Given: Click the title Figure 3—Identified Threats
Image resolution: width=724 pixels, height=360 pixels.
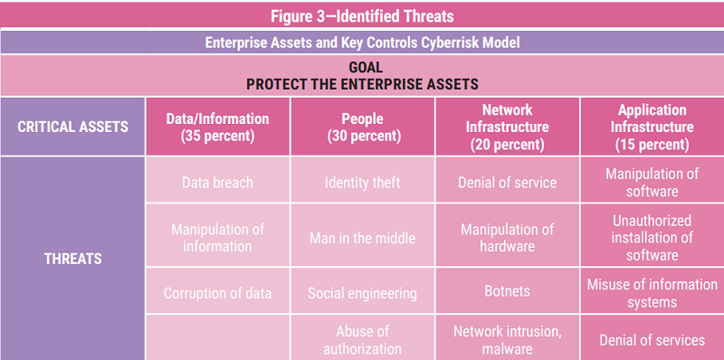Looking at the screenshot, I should tap(362, 15).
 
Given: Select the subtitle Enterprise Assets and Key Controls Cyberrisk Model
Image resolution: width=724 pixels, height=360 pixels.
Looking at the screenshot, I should tap(362, 43).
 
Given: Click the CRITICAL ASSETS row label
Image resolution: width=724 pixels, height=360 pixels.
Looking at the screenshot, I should tap(72, 127).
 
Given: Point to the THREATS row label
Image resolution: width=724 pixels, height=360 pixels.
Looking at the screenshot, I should tap(72, 259).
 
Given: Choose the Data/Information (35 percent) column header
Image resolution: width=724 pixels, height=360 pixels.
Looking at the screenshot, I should tap(217, 127).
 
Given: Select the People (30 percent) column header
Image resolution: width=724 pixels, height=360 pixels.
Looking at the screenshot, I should tap(362, 127).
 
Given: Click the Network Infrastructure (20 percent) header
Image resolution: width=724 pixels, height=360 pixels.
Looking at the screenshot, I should tap(507, 127).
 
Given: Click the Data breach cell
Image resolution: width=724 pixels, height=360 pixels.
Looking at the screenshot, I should tap(217, 183).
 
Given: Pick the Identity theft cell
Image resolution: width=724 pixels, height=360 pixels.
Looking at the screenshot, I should tap(362, 183).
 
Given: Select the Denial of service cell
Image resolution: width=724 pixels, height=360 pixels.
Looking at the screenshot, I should tap(507, 183).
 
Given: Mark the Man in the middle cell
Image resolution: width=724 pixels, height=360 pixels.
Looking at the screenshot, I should tap(362, 238).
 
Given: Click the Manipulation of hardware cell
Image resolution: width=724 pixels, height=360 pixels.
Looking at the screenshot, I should tap(507, 238).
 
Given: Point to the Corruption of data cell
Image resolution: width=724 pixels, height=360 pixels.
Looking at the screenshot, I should tap(217, 293).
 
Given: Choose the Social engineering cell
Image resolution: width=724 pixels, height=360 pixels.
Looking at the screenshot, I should tap(362, 293).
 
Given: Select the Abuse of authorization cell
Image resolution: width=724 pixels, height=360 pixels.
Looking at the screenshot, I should tap(362, 339).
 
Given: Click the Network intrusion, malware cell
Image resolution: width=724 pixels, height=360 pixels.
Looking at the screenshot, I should tap(507, 339).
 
